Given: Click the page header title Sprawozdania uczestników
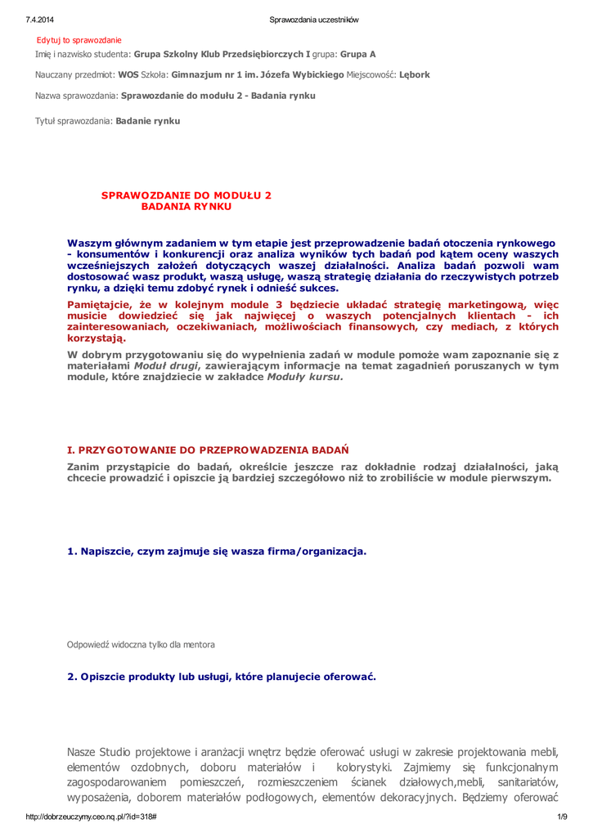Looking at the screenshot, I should point(314,20).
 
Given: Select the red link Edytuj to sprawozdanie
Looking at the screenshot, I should point(79,40).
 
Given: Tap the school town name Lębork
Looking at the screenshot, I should point(414,74).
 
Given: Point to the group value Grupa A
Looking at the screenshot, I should point(357,54).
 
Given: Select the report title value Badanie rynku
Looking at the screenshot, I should point(148,121).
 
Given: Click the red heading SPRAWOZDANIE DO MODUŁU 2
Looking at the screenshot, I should point(186,195).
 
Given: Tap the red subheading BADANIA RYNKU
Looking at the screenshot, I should point(186,207).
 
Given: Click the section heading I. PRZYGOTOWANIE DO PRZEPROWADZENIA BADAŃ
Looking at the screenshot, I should point(208,450).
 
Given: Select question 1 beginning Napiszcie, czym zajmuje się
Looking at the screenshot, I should point(217,551).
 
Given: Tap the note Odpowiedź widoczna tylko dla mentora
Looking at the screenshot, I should point(141,645).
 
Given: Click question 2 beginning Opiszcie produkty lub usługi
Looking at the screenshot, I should point(222,677).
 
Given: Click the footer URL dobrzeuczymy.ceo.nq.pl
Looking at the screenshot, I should point(92,817).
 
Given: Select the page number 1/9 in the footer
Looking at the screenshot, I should point(562,817).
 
